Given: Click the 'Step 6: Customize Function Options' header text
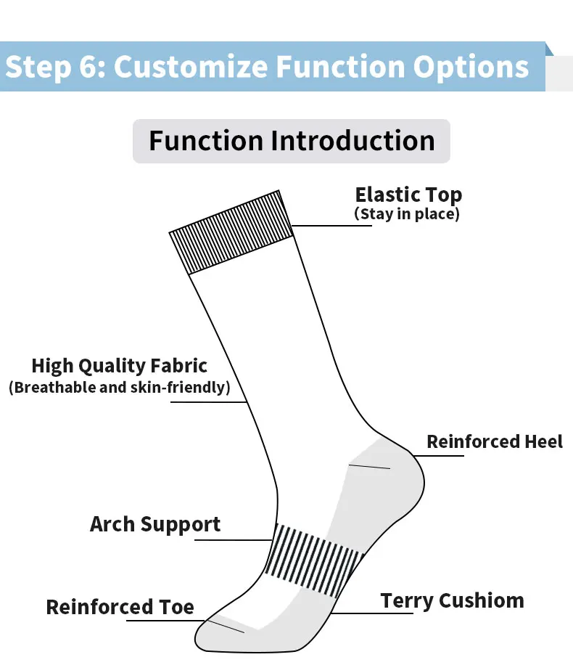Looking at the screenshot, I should point(267,67).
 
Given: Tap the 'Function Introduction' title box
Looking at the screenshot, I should point(292,141).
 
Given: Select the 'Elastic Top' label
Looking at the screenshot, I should point(408,195).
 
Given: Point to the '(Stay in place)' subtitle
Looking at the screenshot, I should point(407,214).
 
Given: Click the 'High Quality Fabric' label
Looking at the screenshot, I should point(120,366).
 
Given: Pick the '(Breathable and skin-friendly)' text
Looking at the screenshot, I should point(120,387).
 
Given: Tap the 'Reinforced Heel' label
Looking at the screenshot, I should point(495,441).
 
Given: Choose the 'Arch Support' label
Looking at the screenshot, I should point(155,524).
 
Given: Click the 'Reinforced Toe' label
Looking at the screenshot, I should point(120,607).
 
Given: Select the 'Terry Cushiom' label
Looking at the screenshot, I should point(452,601).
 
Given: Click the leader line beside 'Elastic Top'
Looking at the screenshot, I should point(332,226).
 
